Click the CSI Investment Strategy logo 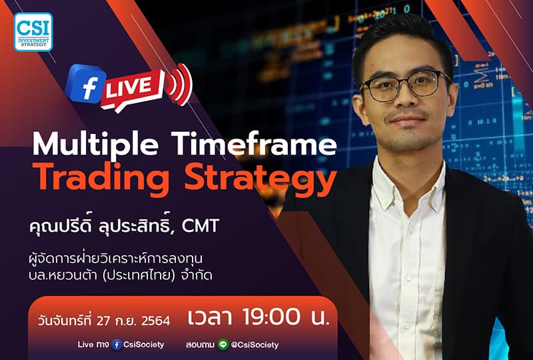click(33, 32)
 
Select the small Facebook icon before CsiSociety click(117, 345)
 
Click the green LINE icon click(223, 345)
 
